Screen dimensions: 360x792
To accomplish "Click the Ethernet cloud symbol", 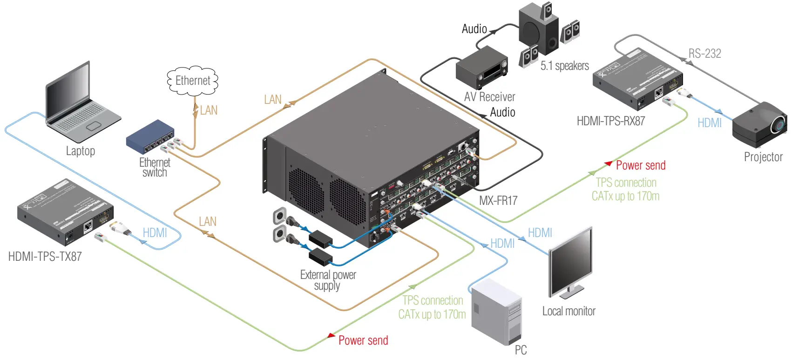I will tap(192, 81).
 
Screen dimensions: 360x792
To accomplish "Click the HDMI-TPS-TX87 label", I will tap(45, 257).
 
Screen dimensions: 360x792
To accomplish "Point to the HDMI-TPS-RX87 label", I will tap(610, 121).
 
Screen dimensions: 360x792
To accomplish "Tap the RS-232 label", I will tap(704, 54).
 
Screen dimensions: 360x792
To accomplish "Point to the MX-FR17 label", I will tap(498, 201).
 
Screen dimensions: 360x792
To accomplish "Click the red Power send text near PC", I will tap(363, 340).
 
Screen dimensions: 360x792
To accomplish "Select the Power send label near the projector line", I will tap(640, 165).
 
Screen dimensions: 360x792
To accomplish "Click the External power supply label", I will tap(328, 280).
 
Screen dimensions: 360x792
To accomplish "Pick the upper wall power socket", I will tap(279, 216).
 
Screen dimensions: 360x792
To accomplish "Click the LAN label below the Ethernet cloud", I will tap(208, 110).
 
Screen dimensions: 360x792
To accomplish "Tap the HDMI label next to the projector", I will tap(709, 123).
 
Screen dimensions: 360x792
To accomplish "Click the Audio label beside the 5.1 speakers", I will tap(474, 29).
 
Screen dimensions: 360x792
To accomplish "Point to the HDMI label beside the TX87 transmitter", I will tap(155, 233).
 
